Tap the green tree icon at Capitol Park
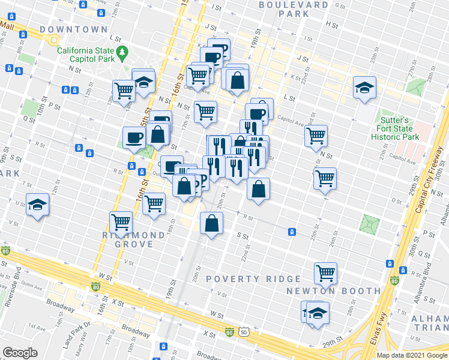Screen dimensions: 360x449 click(122, 52)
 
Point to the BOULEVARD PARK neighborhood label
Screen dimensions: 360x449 click(294, 9)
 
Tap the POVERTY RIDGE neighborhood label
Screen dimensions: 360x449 click(253, 279)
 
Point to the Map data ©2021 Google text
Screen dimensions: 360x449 click(411, 355)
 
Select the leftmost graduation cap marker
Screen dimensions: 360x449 click(37, 205)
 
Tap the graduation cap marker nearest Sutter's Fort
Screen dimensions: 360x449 click(364, 88)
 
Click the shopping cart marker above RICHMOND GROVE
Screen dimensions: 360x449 click(121, 223)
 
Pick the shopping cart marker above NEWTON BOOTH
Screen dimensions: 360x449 click(325, 273)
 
